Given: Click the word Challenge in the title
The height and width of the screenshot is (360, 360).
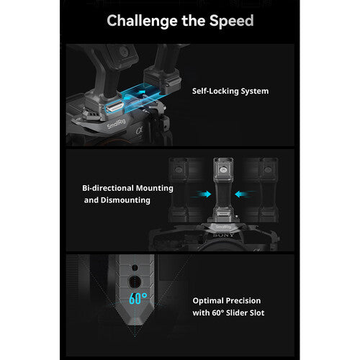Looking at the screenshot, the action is click(x=143, y=21).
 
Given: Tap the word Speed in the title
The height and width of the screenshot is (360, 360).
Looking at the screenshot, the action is click(x=231, y=21).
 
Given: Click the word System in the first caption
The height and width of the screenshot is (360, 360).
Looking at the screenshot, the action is click(x=255, y=91).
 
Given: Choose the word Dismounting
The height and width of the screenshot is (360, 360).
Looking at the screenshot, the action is click(x=125, y=200).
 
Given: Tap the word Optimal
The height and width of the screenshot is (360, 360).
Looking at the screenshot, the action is click(x=208, y=301).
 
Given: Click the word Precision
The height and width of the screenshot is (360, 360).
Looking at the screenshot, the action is click(x=243, y=301).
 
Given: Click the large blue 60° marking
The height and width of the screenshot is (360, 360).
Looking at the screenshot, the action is click(x=138, y=299).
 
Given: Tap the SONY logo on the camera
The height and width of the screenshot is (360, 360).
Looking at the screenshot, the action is click(x=223, y=235).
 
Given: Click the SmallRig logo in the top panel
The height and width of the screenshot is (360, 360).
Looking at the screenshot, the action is click(x=116, y=124).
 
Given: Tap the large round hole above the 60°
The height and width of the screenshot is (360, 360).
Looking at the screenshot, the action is click(x=135, y=282).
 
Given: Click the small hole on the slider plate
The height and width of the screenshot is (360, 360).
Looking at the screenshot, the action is click(x=135, y=268).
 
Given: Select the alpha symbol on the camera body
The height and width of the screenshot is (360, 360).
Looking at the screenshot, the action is click(x=140, y=131).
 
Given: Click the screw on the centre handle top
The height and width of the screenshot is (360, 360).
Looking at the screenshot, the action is click(x=223, y=170).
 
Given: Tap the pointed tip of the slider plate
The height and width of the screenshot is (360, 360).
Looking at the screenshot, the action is click(x=135, y=325).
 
